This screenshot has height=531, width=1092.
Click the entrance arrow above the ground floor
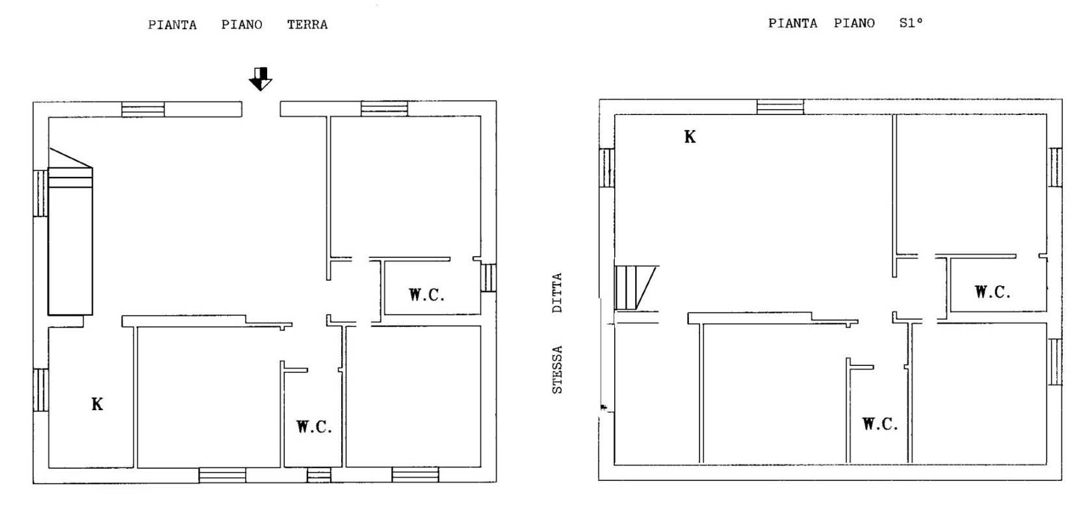260,79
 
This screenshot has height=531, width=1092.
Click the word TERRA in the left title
307,25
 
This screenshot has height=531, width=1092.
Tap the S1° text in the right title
911,23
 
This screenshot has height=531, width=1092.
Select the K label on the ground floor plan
97,404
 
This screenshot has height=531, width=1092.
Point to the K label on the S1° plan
690,137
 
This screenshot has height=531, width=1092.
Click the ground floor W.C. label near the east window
426,295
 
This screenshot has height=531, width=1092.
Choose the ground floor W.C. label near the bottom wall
315,426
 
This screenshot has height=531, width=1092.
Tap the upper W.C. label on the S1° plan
993,292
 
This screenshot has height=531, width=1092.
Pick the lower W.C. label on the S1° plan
880,424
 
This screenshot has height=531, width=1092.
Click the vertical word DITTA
557,292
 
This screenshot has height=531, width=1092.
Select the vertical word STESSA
557,370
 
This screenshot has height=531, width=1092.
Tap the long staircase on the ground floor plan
70,232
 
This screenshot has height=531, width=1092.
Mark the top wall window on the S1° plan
780,107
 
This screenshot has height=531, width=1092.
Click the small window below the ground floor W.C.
318,475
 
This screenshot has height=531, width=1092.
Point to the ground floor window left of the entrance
143,109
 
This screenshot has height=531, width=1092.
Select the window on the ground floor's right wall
489,278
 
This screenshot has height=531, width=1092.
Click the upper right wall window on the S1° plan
1056,167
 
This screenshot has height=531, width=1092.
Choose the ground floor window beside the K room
40,390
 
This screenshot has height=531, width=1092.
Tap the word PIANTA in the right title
793,23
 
